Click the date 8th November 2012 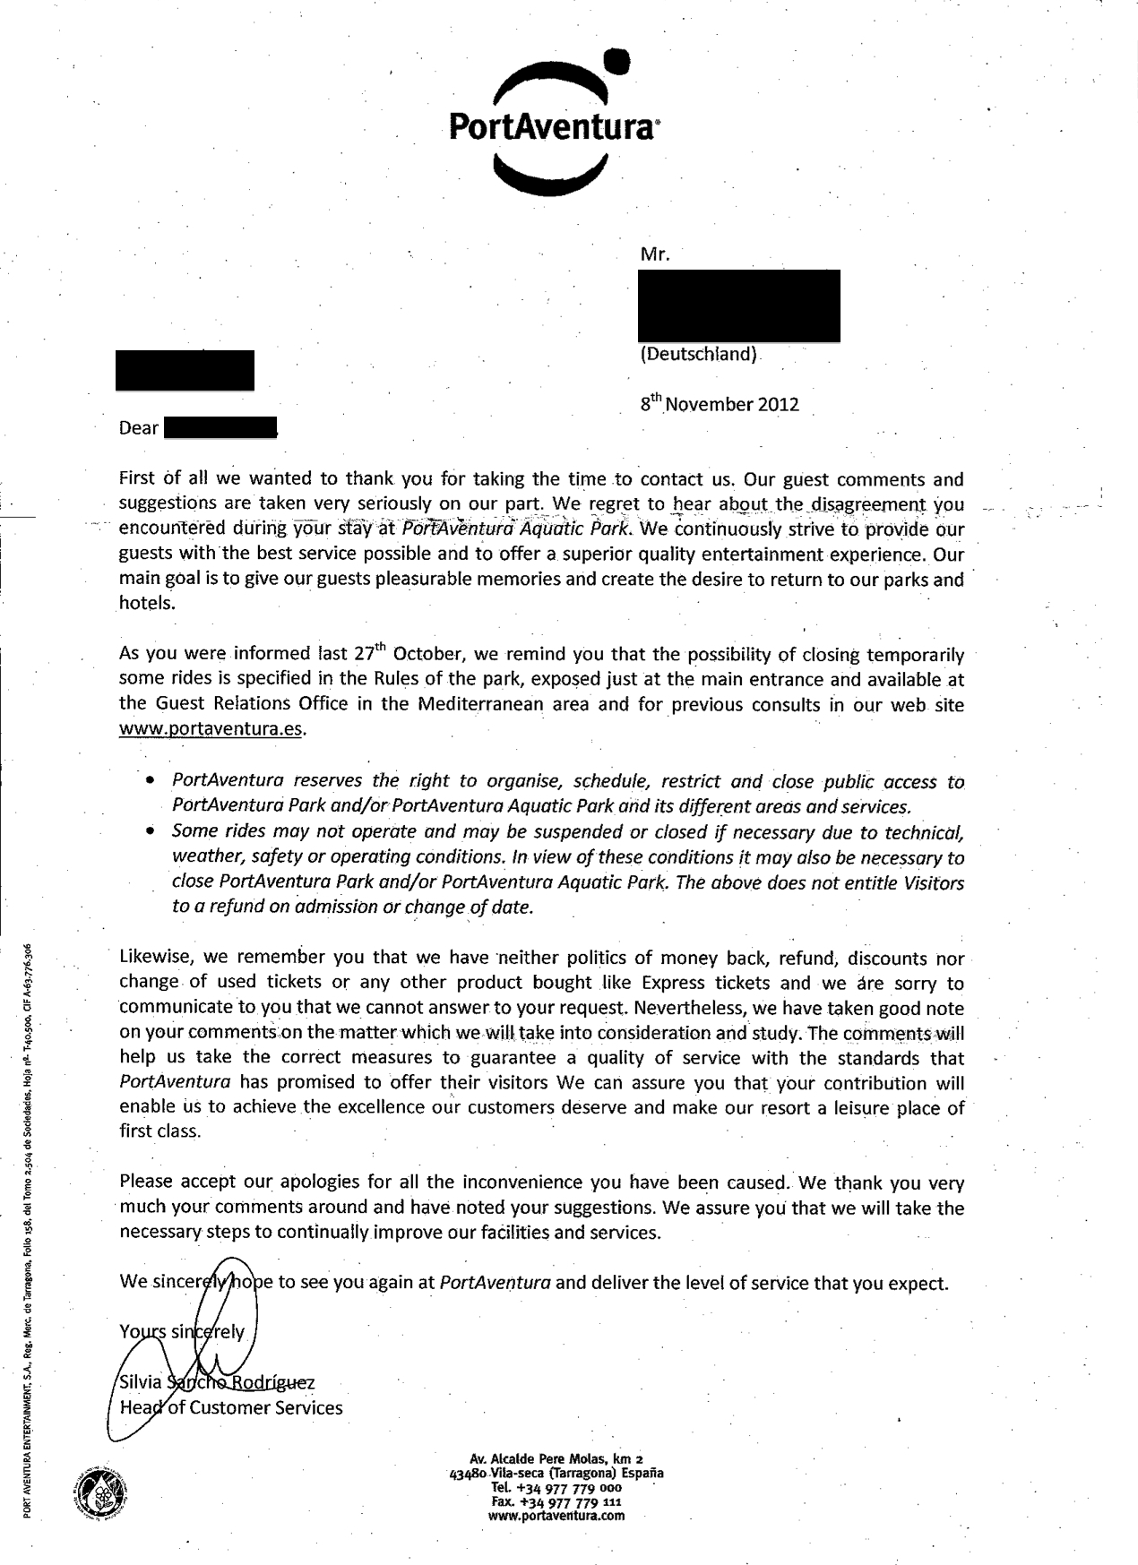tap(719, 404)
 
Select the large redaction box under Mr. tap(739, 305)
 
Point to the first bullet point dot tap(150, 781)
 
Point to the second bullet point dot tap(150, 830)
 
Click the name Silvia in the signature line tap(141, 1382)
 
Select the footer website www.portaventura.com tap(556, 1516)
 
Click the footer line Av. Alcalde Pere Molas tap(556, 1458)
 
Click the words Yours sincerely tap(181, 1331)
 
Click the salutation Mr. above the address tap(655, 254)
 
